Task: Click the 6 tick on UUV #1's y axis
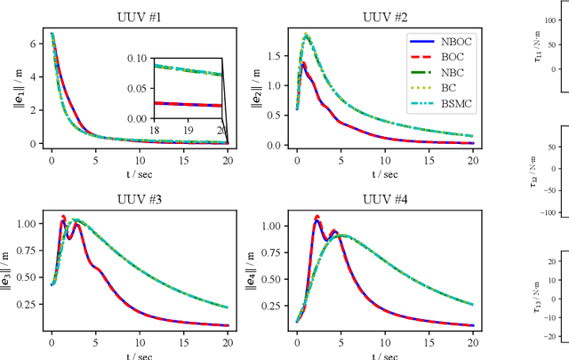(x=35, y=42)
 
